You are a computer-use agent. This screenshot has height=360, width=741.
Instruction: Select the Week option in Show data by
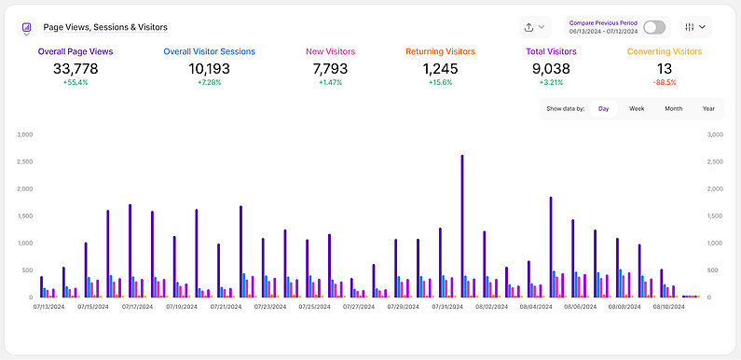click(637, 109)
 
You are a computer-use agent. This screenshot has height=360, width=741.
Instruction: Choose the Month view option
click(673, 109)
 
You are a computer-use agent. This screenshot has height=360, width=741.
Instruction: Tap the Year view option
click(708, 109)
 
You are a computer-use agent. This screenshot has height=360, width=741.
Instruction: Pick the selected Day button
click(603, 109)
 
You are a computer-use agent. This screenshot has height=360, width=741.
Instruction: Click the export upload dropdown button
click(536, 27)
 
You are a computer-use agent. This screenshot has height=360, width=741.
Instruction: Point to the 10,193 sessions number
click(209, 68)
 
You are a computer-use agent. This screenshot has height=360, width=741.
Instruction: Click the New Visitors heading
click(330, 52)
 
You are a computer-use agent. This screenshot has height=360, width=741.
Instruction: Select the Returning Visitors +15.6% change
click(440, 83)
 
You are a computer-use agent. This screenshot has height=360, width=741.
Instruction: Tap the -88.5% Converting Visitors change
click(665, 83)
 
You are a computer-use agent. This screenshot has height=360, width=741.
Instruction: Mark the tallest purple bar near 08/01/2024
click(462, 224)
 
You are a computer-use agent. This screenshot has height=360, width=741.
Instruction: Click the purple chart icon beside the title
click(26, 28)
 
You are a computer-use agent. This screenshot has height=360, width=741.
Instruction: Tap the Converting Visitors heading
click(665, 52)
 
